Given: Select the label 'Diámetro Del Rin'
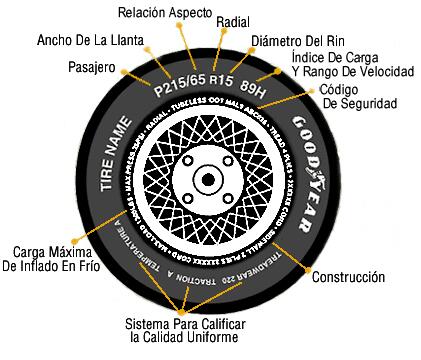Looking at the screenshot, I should point(297,42).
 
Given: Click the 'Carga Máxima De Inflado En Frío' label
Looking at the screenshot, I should point(56,258).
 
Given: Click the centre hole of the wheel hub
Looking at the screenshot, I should point(207,180).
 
